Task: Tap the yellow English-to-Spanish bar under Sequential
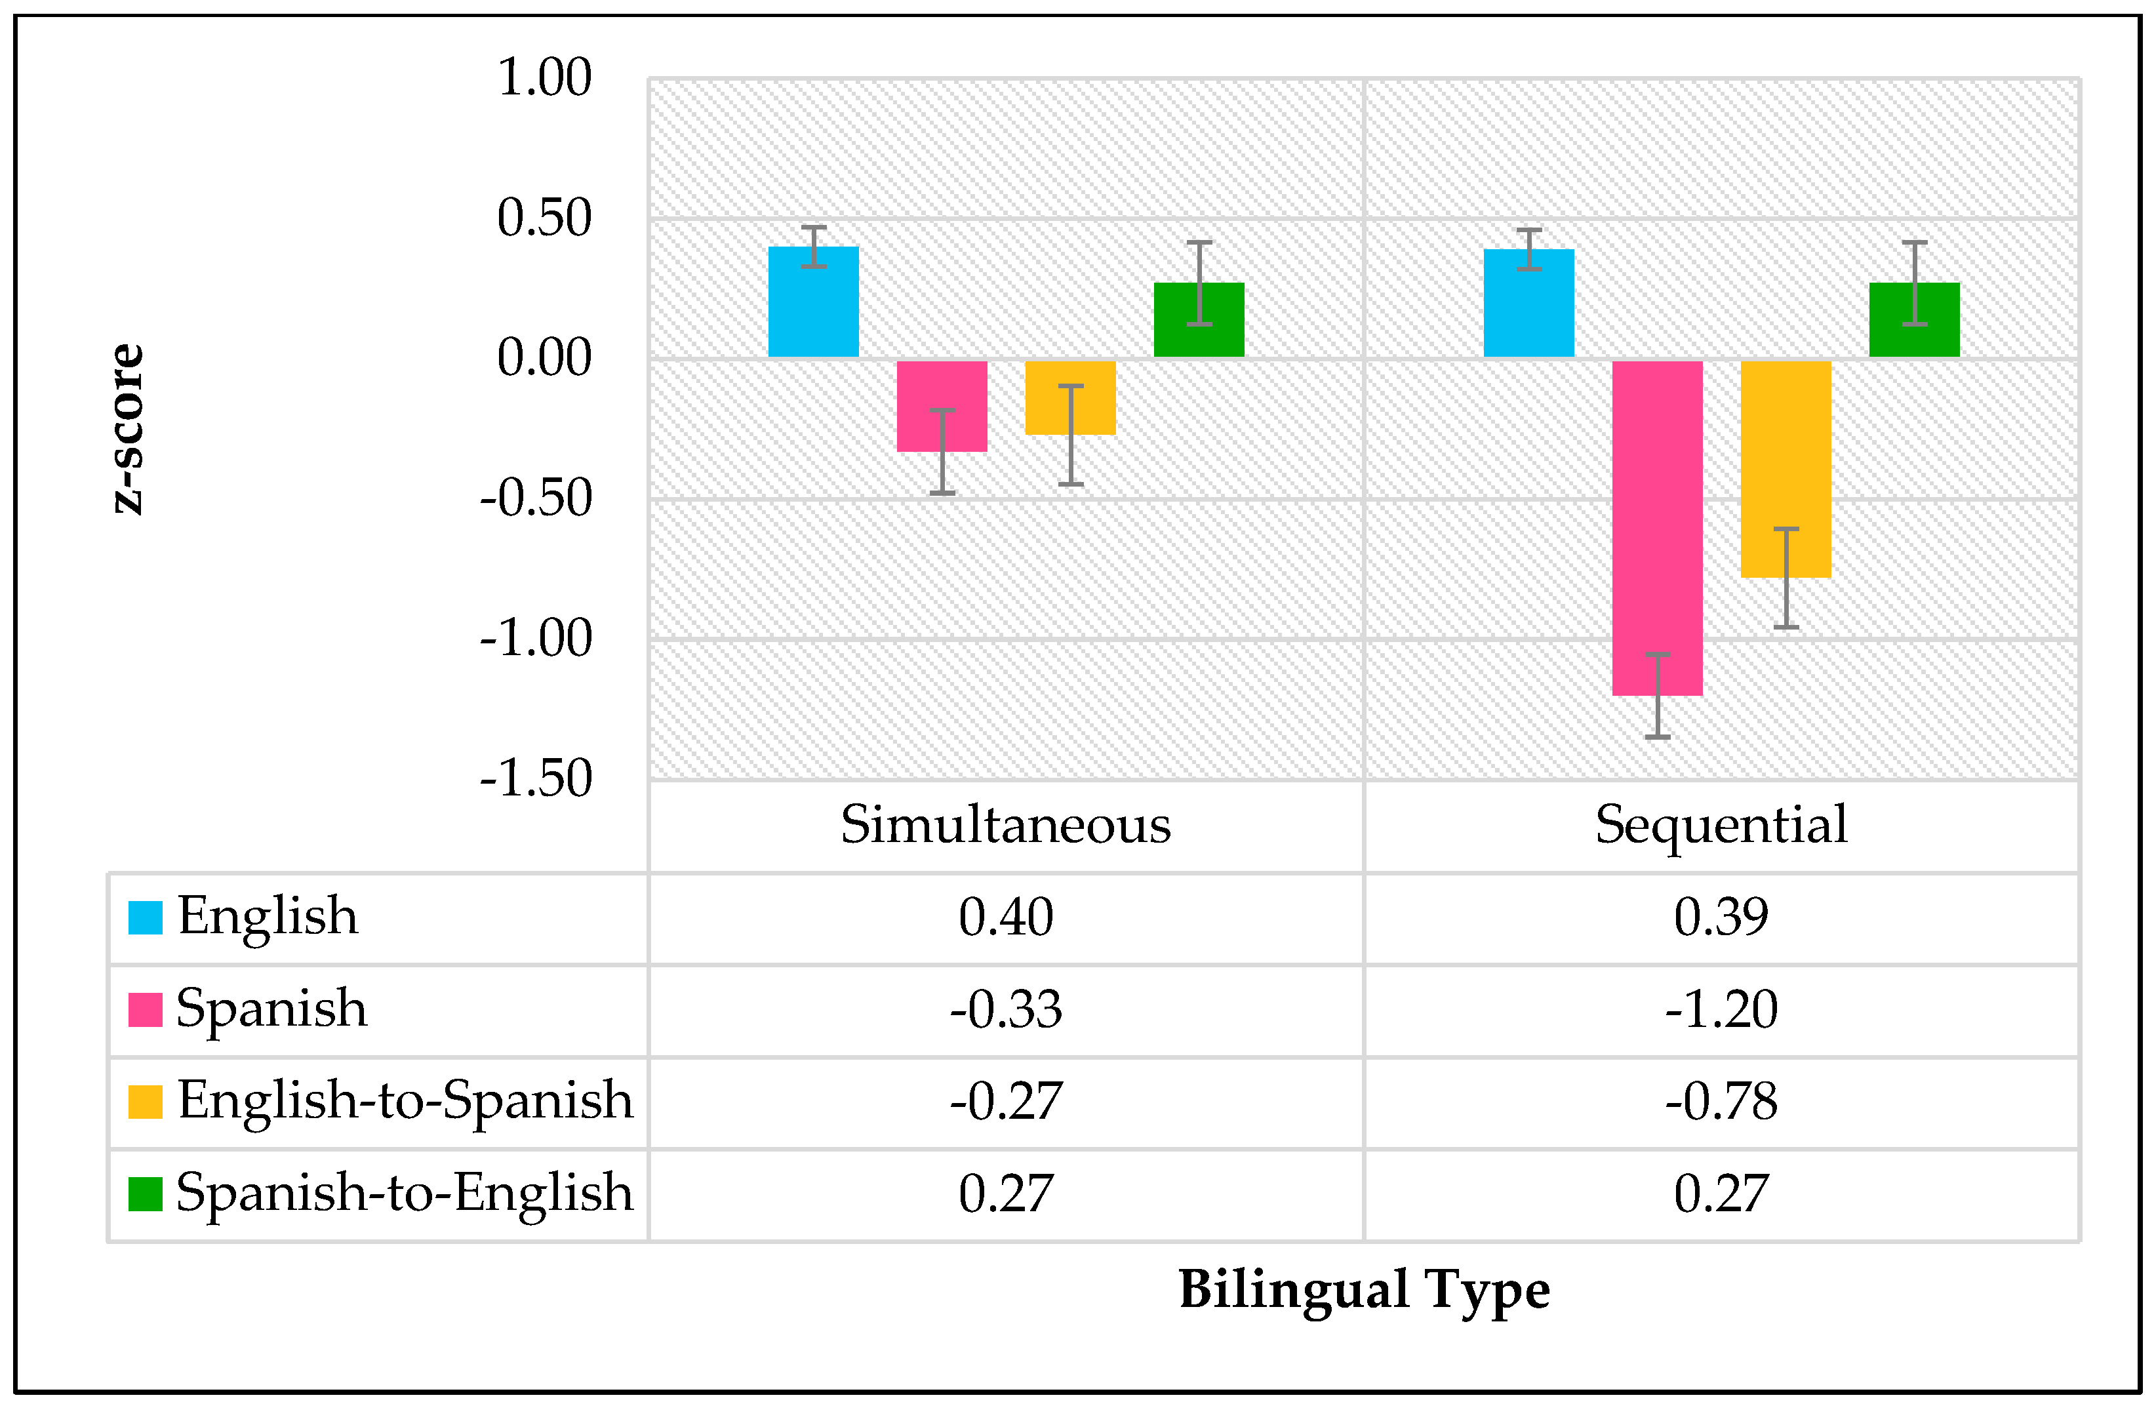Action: click(x=1786, y=468)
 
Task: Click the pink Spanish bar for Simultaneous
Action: click(x=941, y=405)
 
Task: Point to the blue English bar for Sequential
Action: click(x=1528, y=302)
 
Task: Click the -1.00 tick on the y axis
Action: click(x=536, y=639)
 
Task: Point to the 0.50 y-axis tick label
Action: click(x=544, y=218)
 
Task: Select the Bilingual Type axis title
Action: click(x=1363, y=1289)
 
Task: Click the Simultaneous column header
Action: click(x=1005, y=825)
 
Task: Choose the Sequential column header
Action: click(x=1720, y=825)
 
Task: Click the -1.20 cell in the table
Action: click(x=1720, y=1009)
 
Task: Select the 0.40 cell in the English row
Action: click(x=1005, y=917)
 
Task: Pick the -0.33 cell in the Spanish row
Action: click(x=1005, y=1009)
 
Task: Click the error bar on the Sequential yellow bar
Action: click(x=1786, y=577)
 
